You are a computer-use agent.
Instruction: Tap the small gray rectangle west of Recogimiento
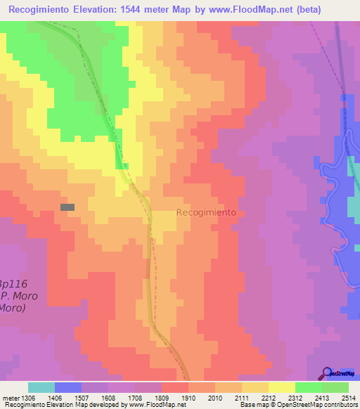pyautogui.click(x=67, y=207)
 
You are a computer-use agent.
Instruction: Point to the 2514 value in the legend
pyautogui.click(x=349, y=397)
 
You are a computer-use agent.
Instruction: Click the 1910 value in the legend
pyautogui.click(x=188, y=397)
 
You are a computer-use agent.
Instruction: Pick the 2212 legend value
pyautogui.click(x=269, y=397)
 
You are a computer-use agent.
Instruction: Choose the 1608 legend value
pyautogui.click(x=108, y=397)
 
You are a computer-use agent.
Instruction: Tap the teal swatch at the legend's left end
pyautogui.click(x=41, y=387)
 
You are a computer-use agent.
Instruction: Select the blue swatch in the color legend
pyautogui.click(x=68, y=387)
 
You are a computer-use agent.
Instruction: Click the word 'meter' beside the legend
pyautogui.click(x=9, y=397)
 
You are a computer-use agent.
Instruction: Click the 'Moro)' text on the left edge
pyautogui.click(x=13, y=308)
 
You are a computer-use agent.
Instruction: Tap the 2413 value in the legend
pyautogui.click(x=322, y=397)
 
